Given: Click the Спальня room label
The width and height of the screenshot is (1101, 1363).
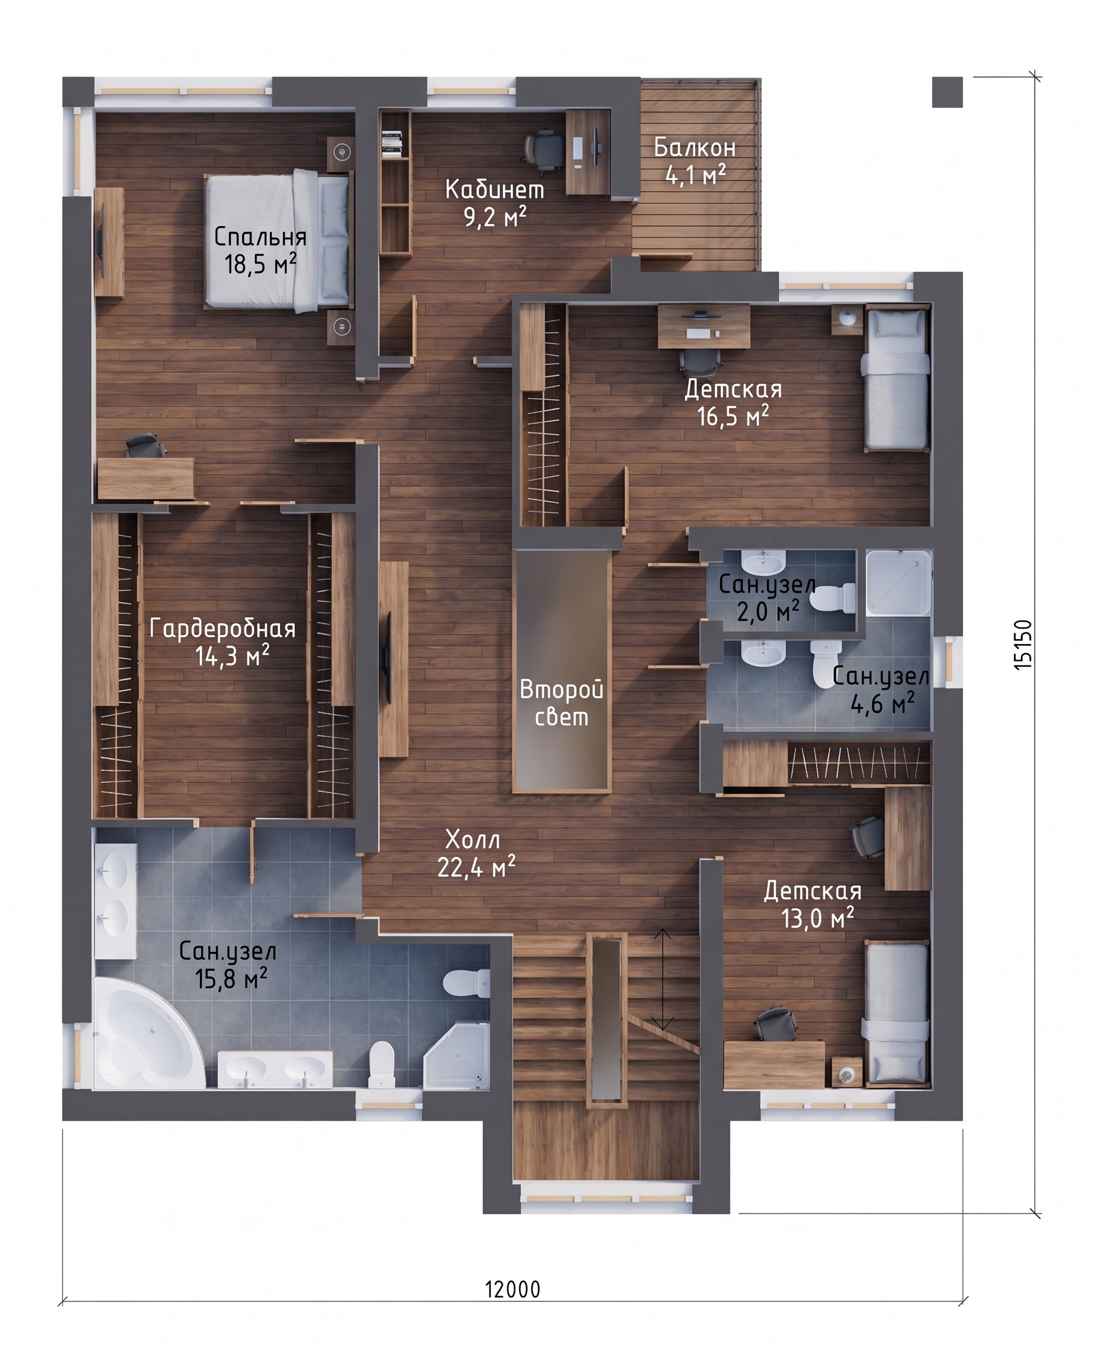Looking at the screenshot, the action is [260, 237].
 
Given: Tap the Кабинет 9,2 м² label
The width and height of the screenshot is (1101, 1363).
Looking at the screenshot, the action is [495, 203].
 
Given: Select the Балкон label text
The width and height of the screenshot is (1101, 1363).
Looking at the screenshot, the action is [695, 148].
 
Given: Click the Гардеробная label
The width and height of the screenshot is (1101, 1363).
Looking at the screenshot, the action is [222, 628].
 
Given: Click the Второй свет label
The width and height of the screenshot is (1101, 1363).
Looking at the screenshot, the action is [561, 703].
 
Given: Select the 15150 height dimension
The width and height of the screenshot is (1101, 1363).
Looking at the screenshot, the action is [1023, 644].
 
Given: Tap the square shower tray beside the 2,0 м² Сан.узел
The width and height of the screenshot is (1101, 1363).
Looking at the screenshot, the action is [899, 582].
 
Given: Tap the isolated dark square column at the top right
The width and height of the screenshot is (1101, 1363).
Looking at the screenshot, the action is [947, 92].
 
